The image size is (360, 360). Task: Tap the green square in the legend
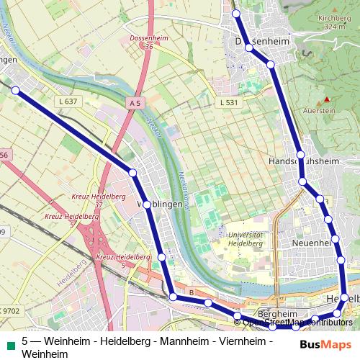[x=9, y=341]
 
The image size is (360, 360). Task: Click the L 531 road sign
[x=227, y=104]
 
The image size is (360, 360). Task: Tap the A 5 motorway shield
[x=135, y=104]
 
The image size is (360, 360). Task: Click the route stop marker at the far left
[x=16, y=90]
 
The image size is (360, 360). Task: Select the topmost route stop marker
[x=235, y=14]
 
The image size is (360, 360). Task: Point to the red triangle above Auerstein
[x=326, y=99]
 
